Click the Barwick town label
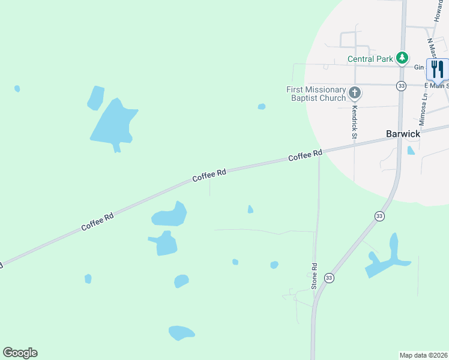point(402,134)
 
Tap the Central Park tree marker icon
point(402,58)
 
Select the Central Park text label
point(370,59)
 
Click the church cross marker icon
point(355,93)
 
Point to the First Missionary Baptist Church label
point(316,94)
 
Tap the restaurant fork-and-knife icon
point(436,69)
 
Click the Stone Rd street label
point(314,276)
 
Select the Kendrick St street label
point(354,122)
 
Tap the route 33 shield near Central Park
point(401,86)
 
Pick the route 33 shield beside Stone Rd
point(329,278)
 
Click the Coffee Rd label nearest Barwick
point(306,155)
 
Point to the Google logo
point(20,353)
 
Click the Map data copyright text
point(424,355)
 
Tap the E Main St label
point(438,86)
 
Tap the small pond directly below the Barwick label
point(411,151)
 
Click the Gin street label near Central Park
point(419,68)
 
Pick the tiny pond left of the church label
point(262,107)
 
